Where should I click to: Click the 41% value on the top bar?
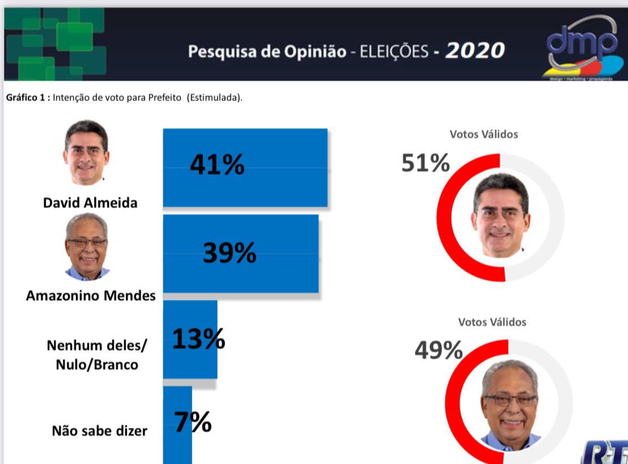pos(217,165)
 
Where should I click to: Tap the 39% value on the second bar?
pos(229,253)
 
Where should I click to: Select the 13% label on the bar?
pos(198,340)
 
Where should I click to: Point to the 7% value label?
pos(193,422)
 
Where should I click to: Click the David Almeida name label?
pos(90,203)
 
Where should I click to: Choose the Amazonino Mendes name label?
pos(91,295)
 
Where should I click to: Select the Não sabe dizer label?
pos(100,431)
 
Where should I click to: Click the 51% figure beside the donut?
pos(425,163)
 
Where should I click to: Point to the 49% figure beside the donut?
pos(438,351)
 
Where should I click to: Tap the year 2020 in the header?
pos(475,51)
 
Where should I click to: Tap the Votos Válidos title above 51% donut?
pos(484,134)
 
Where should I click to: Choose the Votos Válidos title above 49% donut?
pos(492,322)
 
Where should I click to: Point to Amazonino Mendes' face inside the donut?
pos(510,402)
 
